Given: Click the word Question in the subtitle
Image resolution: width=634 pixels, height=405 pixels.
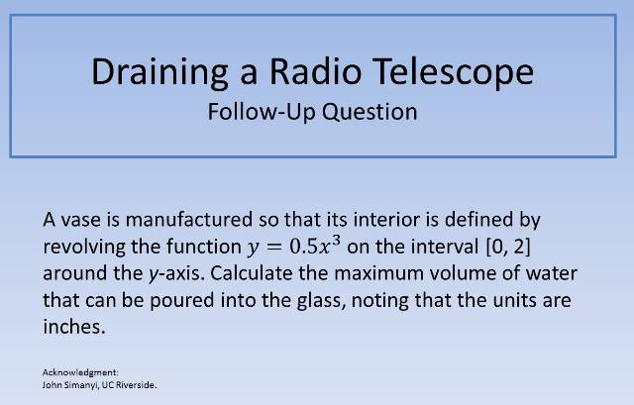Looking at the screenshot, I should pyautogui.click(x=368, y=112).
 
